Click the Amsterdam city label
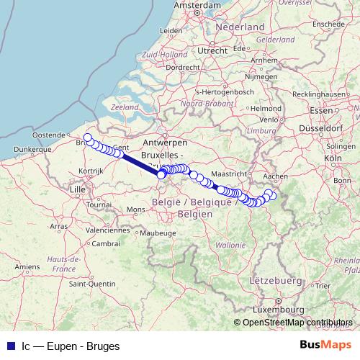(197, 5)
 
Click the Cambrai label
(106, 243)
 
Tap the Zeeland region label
(125, 107)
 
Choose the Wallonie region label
(230, 245)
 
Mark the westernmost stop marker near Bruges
(88, 138)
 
